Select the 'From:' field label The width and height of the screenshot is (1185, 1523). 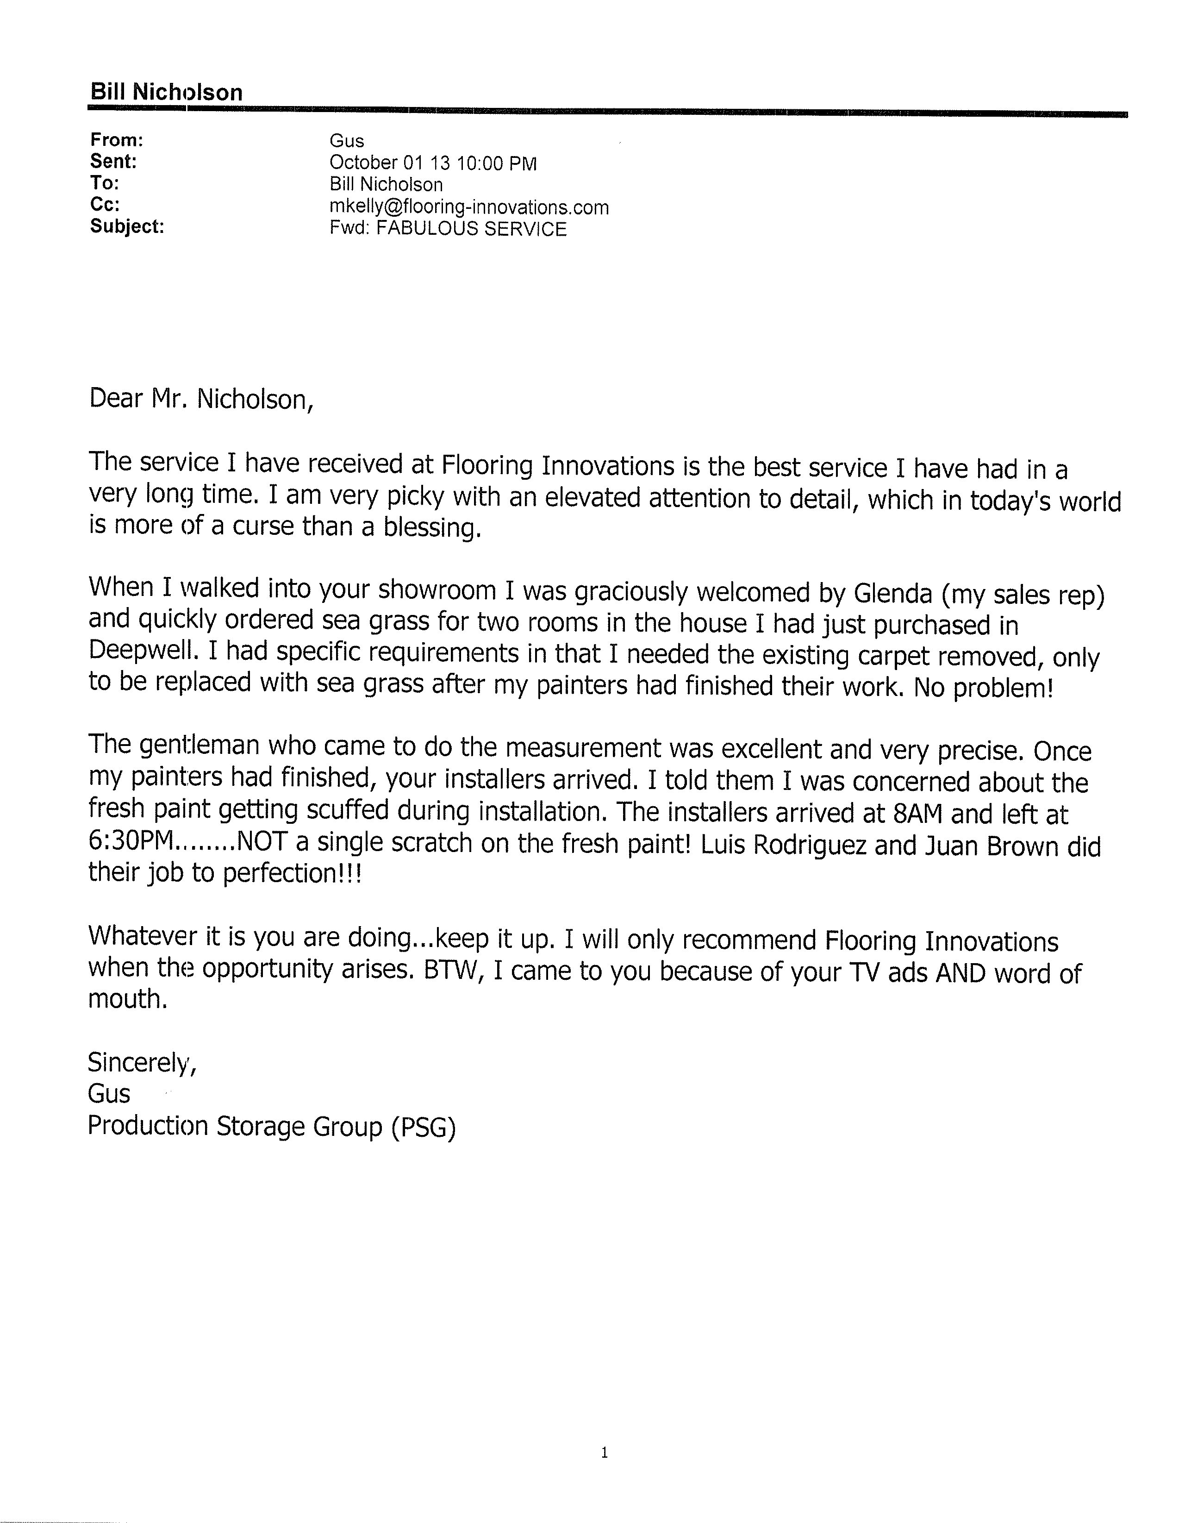tap(116, 140)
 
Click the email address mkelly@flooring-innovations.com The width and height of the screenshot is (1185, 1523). tap(468, 207)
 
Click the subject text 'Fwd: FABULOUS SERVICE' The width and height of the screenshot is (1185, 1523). tap(448, 229)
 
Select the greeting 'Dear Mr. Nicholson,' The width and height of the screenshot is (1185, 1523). tap(201, 399)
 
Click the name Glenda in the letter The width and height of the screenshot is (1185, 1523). tap(892, 594)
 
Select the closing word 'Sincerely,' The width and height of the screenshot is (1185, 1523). tap(142, 1062)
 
